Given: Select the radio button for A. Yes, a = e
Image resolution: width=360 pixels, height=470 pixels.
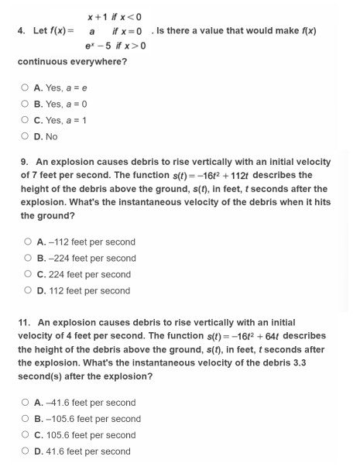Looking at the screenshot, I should pyautogui.click(x=26, y=88).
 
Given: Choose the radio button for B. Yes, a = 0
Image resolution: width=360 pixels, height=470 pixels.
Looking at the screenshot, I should pyautogui.click(x=26, y=105).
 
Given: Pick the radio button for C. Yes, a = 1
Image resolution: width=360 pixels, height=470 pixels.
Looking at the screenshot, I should pyautogui.click(x=26, y=121).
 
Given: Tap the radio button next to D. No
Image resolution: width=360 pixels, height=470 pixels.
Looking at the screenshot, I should pyautogui.click(x=26, y=137).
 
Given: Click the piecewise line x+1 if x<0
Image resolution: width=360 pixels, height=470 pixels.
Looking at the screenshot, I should pyautogui.click(x=113, y=15).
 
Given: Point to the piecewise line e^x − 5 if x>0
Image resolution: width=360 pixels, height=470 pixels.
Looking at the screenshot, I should pyautogui.click(x=115, y=46).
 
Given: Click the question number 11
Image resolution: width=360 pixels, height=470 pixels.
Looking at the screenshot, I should pyautogui.click(x=22, y=322).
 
